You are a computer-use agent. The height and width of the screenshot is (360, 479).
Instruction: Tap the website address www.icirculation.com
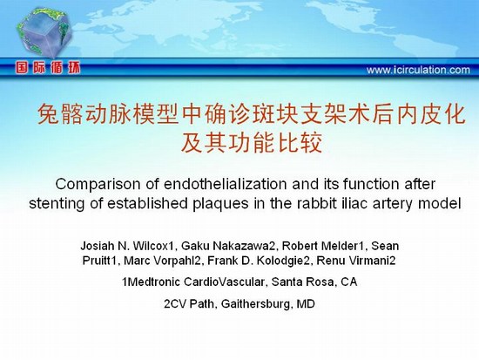pyautogui.click(x=418, y=70)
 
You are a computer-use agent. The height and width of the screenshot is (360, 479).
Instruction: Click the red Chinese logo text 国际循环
pyautogui.click(x=48, y=68)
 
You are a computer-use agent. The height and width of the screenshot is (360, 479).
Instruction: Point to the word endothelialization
pyautogui.click(x=226, y=184)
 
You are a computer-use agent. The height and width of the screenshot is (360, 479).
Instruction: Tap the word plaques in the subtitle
pyautogui.click(x=220, y=204)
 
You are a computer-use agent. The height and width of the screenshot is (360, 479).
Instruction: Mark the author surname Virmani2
pyautogui.click(x=372, y=261)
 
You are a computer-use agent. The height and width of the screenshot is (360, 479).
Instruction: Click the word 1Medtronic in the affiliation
pyautogui.click(x=151, y=282)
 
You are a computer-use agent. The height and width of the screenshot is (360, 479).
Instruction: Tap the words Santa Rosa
pyautogui.click(x=302, y=282)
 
